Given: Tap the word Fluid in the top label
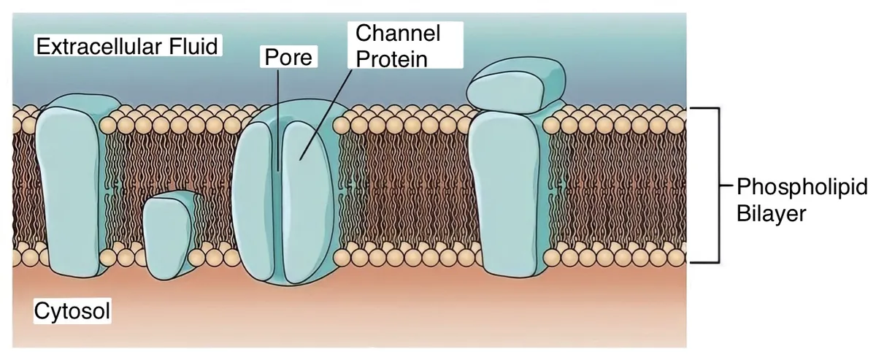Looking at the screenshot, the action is pyautogui.click(x=193, y=46).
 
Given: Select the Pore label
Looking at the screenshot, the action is pyautogui.click(x=288, y=58).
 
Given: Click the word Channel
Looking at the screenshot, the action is pyautogui.click(x=398, y=33).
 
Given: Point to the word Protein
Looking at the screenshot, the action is pyautogui.click(x=391, y=59).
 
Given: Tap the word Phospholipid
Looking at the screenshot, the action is pyautogui.click(x=802, y=188).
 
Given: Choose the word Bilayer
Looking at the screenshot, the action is pyautogui.click(x=771, y=214).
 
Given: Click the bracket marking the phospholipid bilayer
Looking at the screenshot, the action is pyautogui.click(x=718, y=185).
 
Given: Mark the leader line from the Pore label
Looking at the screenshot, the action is pyautogui.click(x=278, y=120).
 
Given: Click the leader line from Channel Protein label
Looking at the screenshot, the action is pyautogui.click(x=326, y=115).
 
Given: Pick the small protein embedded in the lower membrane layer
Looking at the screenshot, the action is pyautogui.click(x=168, y=236).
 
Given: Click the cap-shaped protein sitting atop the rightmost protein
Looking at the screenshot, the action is pyautogui.click(x=516, y=85).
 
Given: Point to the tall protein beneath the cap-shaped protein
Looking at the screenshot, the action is pyautogui.click(x=507, y=192).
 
